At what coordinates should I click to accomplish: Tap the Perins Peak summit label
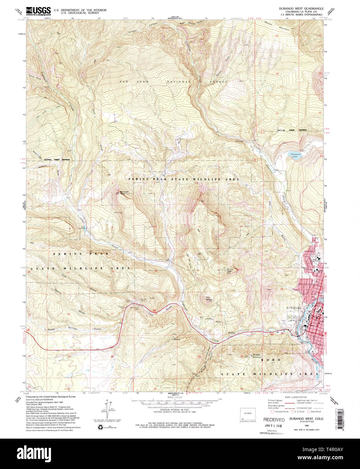[229, 270]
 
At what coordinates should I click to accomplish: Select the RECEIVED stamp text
[274, 420]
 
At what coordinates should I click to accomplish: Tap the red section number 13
[240, 270]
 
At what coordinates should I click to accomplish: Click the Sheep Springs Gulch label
[64, 329]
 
